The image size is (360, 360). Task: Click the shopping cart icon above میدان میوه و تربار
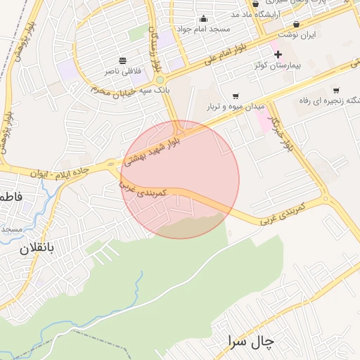click(236, 96)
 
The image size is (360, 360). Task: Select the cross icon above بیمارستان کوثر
click(278, 54)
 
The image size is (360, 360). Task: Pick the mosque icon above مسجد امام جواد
click(204, 18)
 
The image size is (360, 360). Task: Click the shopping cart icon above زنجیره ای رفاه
click(336, 90)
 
